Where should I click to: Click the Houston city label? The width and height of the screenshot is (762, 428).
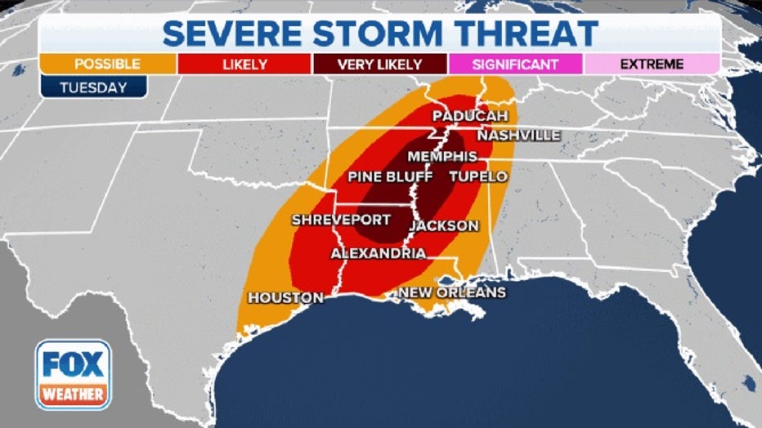coord(285,298)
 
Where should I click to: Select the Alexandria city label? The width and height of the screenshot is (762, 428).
coord(378,254)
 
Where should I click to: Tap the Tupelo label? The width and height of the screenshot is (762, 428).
coord(478,176)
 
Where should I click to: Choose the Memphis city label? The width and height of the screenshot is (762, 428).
coord(442,156)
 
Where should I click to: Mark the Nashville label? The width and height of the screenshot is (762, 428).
coord(518,135)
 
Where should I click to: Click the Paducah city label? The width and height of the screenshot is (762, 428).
coord(464,116)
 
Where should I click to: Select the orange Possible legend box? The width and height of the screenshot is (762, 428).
coord(107,64)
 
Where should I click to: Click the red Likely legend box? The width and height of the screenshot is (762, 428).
coord(243,64)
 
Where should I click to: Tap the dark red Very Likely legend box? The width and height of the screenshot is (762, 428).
coord(379,64)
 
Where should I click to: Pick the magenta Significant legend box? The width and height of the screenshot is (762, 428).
coord(515,64)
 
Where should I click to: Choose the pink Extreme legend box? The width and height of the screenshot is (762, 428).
coord(651,64)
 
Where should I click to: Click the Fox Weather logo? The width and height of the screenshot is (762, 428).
coord(74,375)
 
